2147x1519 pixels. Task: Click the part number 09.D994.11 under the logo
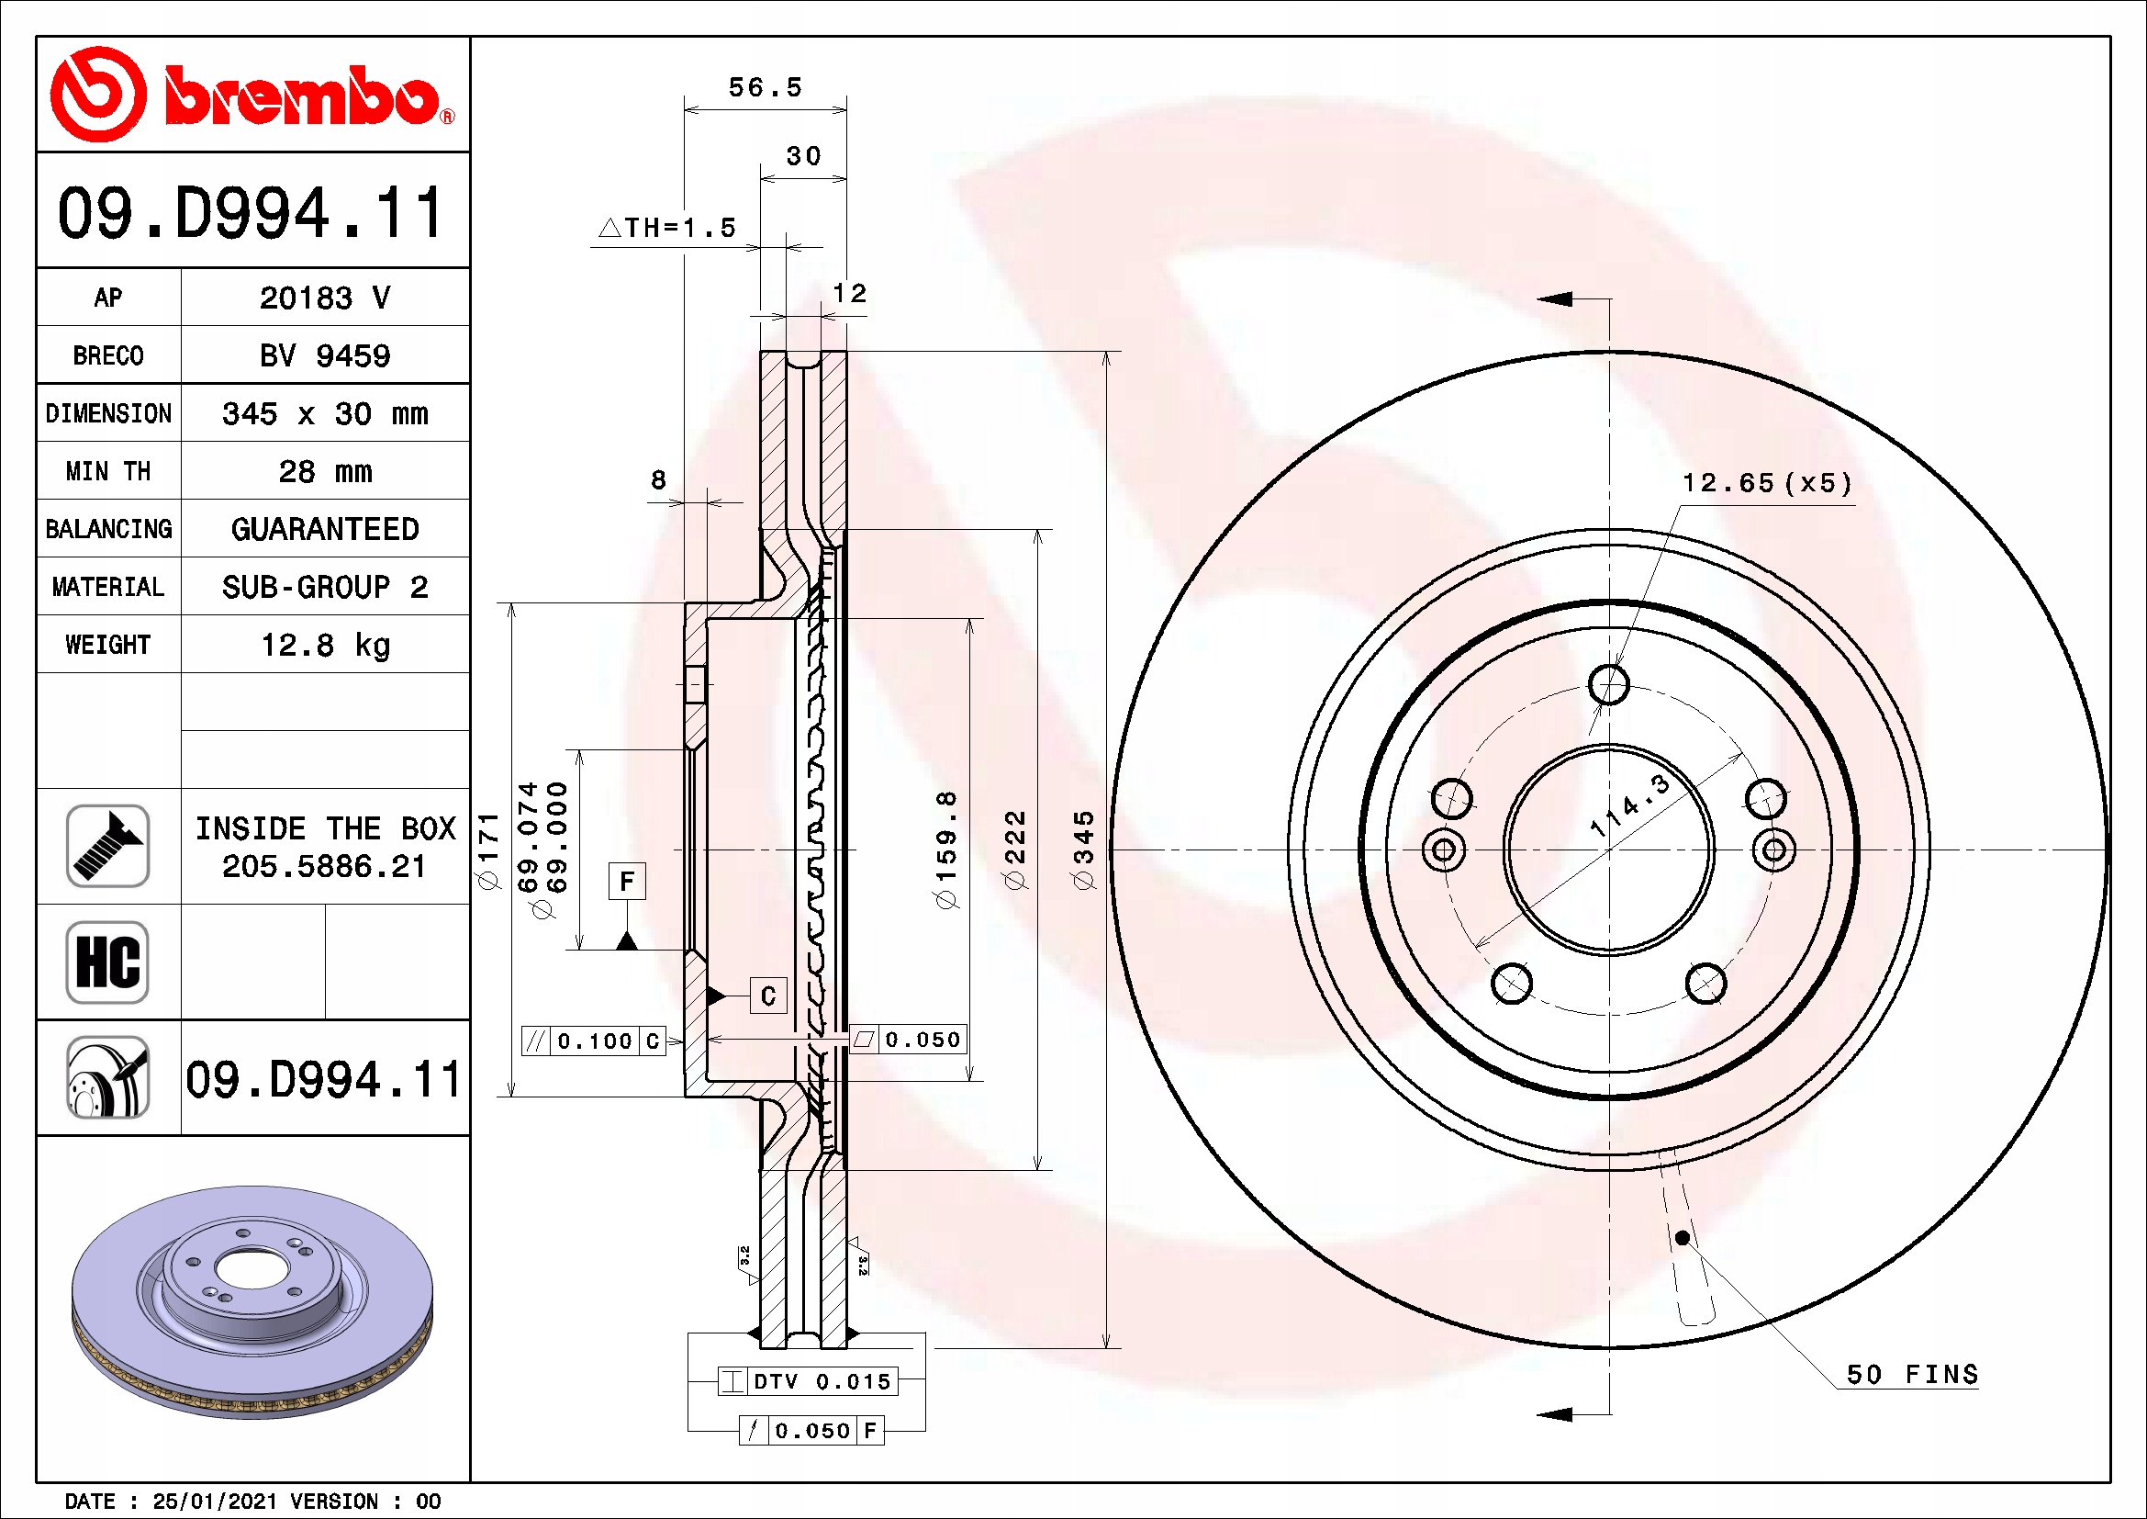[251, 213]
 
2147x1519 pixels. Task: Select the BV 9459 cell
[324, 355]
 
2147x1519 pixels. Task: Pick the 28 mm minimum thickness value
[324, 471]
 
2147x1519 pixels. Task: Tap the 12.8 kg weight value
[324, 645]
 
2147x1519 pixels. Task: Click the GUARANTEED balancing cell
[324, 529]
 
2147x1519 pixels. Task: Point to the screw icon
[107, 846]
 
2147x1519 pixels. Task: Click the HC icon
[107, 962]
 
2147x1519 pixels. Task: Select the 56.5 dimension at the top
[765, 88]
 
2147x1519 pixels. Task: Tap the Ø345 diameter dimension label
[1083, 850]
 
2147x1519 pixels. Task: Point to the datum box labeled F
[627, 881]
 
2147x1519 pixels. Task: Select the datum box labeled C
[767, 996]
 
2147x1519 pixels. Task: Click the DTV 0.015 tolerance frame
[808, 1381]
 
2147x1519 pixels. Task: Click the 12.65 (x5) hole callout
[1766, 484]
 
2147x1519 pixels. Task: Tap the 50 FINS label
[1911, 1374]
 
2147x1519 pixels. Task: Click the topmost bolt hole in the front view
[1608, 684]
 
